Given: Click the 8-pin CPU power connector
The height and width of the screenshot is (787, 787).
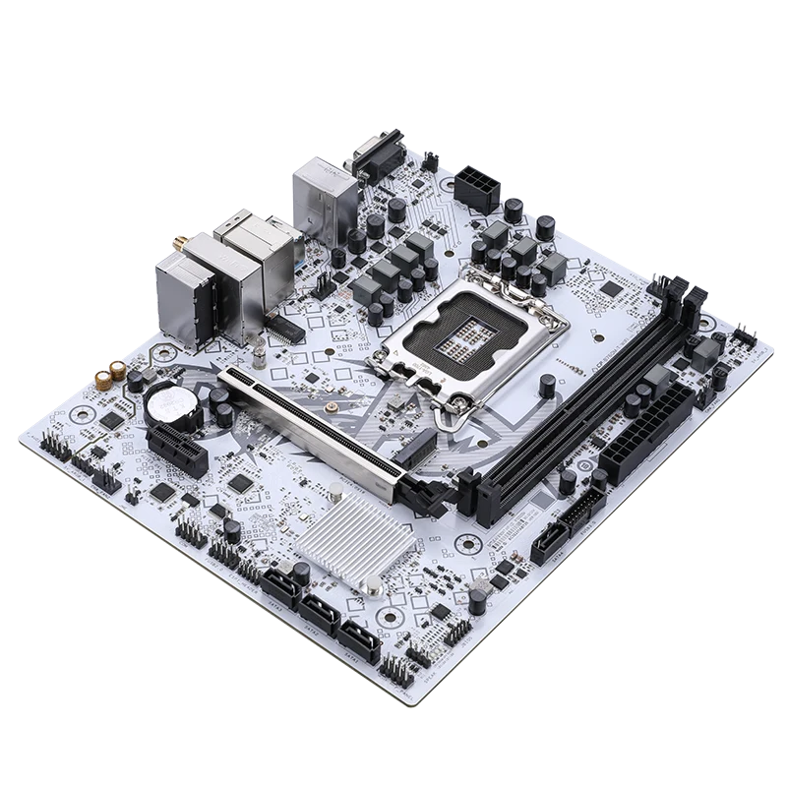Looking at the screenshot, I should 477,186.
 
